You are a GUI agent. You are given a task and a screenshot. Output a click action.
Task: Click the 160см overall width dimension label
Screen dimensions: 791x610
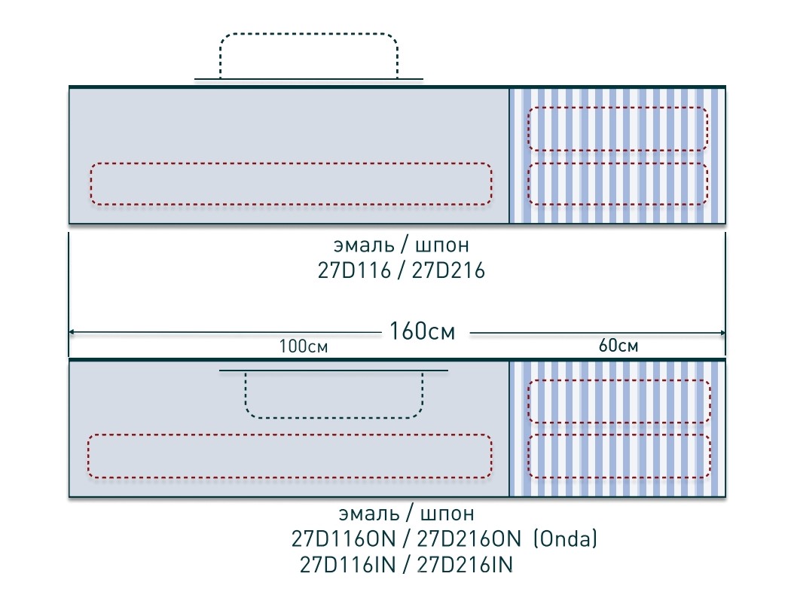422,331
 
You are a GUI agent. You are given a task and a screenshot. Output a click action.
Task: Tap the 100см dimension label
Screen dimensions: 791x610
304,346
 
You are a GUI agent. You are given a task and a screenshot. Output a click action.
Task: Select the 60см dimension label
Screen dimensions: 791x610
618,346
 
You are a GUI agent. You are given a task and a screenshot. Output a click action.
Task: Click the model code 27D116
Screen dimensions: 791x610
354,270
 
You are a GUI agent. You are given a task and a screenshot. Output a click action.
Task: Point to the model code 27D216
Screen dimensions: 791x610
448,270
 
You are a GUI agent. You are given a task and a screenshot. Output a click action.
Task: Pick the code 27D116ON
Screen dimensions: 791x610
344,539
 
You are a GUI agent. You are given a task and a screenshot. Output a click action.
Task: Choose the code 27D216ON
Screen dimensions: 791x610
469,539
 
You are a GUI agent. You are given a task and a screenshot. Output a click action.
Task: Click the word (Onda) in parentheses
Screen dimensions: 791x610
566,539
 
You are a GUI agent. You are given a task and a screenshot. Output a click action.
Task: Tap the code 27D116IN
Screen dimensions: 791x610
347,565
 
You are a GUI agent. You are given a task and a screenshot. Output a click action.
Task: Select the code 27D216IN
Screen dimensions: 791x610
465,565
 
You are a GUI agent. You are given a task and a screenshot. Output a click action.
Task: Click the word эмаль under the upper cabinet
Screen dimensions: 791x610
364,245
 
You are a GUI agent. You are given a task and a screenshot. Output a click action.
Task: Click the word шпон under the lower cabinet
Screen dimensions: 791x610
447,514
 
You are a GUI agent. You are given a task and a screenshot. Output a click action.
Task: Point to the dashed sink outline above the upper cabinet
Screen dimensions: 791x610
309,35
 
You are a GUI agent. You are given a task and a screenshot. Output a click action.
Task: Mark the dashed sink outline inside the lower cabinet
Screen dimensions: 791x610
334,417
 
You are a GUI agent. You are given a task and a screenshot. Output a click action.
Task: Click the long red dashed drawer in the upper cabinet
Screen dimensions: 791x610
291,163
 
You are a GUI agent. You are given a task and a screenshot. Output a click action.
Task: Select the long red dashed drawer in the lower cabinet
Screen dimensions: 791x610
289,435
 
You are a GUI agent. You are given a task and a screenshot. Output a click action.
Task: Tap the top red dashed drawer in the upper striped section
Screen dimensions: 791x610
618,108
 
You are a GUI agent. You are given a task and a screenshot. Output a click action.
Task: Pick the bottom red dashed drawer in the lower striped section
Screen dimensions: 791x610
619,435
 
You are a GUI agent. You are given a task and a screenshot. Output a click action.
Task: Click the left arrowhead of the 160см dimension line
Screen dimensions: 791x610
72,332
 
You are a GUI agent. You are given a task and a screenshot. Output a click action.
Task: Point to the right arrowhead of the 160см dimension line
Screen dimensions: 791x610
722,333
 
